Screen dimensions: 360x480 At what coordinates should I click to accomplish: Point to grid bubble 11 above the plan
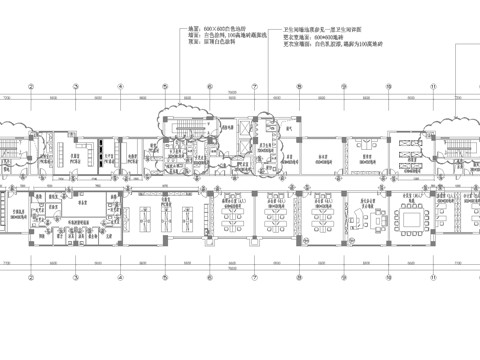click(x=433, y=86)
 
